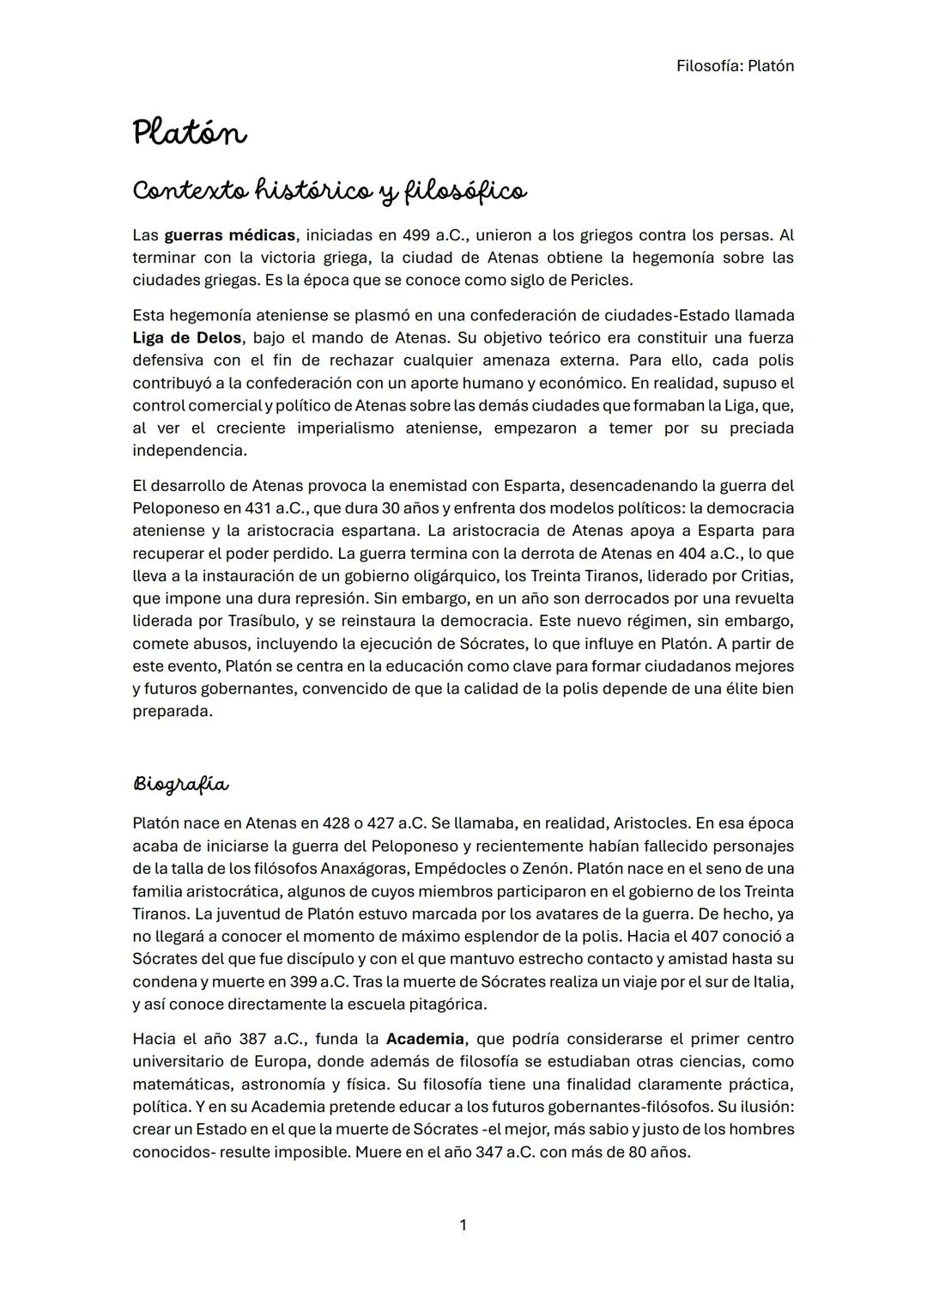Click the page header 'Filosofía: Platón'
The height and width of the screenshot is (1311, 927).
click(735, 66)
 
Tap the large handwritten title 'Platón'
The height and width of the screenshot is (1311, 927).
click(190, 134)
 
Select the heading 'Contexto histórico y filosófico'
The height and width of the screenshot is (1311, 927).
click(330, 191)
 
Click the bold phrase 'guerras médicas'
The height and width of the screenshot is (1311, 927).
click(229, 235)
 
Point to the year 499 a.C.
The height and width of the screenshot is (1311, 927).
click(434, 235)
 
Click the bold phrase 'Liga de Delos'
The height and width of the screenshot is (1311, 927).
click(187, 338)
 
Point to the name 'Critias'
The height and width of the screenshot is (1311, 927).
click(766, 576)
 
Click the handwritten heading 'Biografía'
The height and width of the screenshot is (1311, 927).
click(181, 785)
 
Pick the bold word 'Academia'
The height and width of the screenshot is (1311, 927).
click(425, 1039)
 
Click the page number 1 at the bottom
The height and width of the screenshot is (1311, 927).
click(463, 1225)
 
